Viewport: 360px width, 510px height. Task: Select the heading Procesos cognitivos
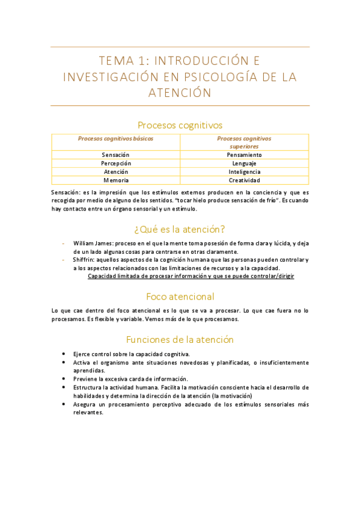[x=180, y=125]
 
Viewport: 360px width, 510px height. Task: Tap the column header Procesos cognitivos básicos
[x=115, y=138]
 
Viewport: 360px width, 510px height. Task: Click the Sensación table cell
[x=115, y=155]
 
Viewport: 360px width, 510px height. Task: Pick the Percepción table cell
[x=115, y=163]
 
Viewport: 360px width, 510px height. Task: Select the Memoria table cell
[x=115, y=180]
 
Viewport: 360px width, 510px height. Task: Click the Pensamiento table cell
[x=244, y=155]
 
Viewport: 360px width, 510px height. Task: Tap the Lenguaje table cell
[x=244, y=163]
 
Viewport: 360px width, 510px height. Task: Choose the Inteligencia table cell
[x=244, y=171]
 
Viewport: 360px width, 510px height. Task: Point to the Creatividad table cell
[x=244, y=180]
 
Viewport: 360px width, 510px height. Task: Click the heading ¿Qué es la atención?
[x=180, y=229]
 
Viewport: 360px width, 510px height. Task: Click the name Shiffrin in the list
[x=84, y=260]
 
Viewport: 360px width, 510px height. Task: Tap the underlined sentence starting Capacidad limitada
[x=191, y=276]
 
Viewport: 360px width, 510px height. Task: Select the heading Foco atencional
[x=180, y=296]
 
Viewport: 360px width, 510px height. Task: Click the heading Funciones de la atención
[x=180, y=339]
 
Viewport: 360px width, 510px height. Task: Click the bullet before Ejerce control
[x=64, y=354]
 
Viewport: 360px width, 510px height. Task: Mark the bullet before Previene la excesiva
[x=64, y=379]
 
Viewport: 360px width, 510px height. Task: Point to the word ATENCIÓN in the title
[x=180, y=93]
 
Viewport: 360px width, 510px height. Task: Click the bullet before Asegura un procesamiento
[x=64, y=405]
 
